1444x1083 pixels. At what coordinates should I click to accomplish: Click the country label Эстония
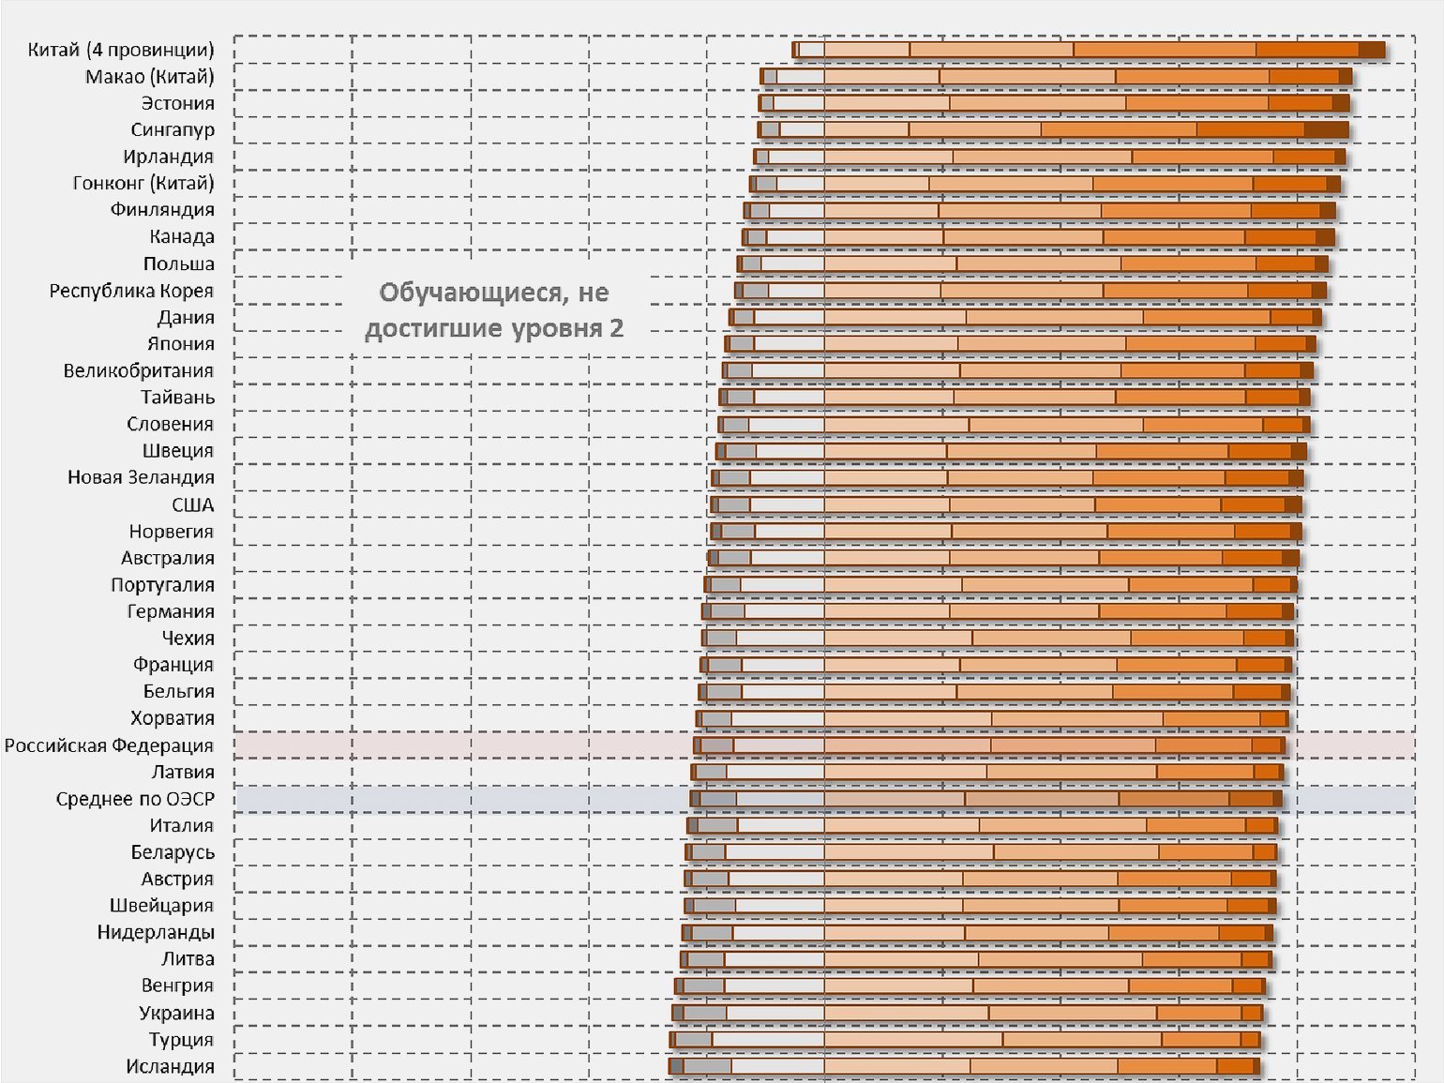177,103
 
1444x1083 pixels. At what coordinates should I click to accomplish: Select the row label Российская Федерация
109,745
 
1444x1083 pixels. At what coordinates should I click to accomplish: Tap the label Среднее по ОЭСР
135,799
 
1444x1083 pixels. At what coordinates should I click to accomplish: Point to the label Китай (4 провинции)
121,50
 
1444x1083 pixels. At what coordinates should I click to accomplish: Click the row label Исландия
170,1066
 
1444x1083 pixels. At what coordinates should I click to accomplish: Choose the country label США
192,504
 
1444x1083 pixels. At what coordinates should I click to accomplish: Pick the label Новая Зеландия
141,477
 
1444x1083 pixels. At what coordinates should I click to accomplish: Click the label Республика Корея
131,291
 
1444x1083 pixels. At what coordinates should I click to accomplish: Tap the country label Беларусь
173,852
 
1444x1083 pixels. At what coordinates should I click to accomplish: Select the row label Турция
181,1040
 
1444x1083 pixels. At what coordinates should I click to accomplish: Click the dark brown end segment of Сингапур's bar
1326,129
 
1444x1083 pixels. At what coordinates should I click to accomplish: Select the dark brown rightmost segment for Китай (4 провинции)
1371,50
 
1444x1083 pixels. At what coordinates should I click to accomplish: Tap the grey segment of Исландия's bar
707,1066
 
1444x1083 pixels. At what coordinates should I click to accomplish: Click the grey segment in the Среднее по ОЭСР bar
718,799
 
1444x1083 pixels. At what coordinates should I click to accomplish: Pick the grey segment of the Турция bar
693,1040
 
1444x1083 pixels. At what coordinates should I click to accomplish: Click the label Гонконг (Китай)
143,183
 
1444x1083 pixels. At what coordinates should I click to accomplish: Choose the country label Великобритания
138,370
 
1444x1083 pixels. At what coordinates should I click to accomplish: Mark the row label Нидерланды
156,932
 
